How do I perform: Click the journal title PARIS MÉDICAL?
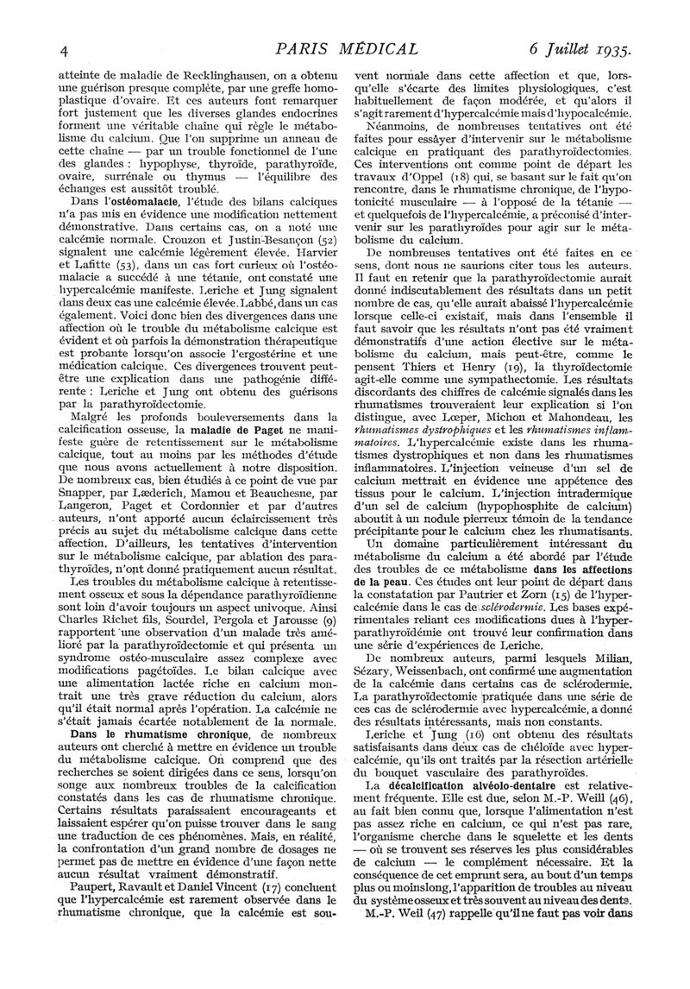click(x=344, y=48)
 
